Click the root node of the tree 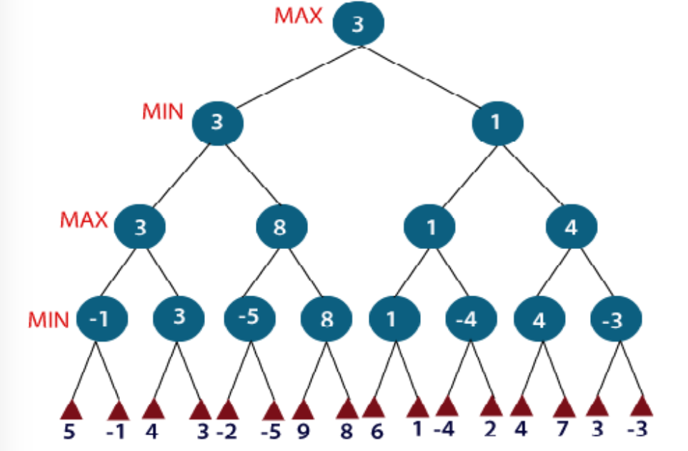tap(358, 24)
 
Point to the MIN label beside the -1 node tap(48, 320)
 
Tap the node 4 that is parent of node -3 tap(572, 228)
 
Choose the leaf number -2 tap(226, 432)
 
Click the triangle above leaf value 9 tap(304, 410)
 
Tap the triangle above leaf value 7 tap(564, 408)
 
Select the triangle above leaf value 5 tap(71, 410)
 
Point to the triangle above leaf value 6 tap(374, 408)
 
